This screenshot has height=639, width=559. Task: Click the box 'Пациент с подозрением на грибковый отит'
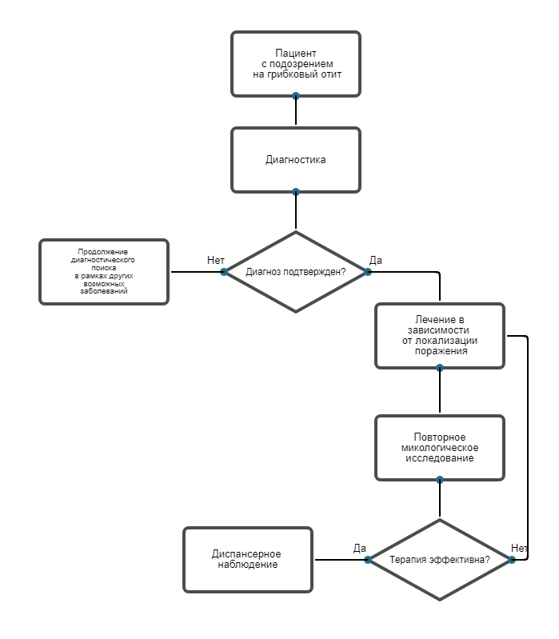point(296,64)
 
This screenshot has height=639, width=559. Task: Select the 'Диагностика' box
point(296,160)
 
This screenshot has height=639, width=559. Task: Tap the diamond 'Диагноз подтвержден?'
point(296,272)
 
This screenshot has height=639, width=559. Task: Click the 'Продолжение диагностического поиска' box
point(104,272)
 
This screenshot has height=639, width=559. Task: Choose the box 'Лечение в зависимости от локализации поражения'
point(440,336)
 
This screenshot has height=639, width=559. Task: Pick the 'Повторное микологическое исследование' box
point(440,448)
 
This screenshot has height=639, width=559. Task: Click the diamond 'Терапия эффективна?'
point(440,560)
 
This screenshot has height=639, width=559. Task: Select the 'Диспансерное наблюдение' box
point(248,560)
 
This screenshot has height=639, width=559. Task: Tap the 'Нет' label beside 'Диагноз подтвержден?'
point(216,261)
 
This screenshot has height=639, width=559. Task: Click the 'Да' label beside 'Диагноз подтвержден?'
point(376,261)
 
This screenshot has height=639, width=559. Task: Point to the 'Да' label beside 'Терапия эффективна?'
point(359,549)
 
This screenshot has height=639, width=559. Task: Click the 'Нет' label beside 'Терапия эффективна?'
point(520,549)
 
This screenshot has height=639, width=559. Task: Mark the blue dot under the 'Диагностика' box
point(296,192)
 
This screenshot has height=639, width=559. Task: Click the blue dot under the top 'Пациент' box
point(296,96)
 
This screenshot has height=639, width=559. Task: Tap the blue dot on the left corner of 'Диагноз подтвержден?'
point(224,272)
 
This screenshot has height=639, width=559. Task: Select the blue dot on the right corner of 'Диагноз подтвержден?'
point(368,272)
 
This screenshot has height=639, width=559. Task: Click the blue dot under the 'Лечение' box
point(440,368)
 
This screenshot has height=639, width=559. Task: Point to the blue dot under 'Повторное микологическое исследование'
point(440,480)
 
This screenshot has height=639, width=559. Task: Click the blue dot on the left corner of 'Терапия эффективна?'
point(368,560)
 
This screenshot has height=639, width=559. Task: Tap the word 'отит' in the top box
point(331,74)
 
